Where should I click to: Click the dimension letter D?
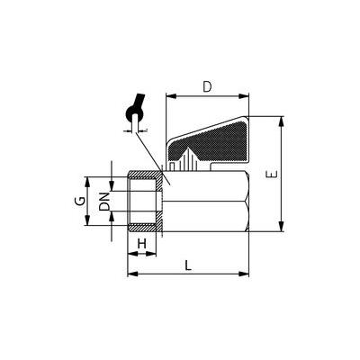(207, 86)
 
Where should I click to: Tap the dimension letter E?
(272, 174)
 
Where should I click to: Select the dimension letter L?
(188, 265)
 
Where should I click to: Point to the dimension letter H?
(141, 244)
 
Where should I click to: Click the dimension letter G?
(79, 201)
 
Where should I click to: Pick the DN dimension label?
(104, 202)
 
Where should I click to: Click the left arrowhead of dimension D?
(170, 96)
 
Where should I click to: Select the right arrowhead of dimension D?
(244, 96)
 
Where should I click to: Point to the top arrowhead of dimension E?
(281, 121)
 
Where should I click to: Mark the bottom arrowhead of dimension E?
(281, 227)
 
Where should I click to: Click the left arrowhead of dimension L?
(132, 274)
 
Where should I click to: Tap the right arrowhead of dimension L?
(244, 274)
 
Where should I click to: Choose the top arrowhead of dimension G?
(87, 182)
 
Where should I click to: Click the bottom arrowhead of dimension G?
(87, 220)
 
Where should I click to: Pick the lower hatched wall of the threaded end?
(145, 227)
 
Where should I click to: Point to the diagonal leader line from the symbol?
(152, 158)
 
